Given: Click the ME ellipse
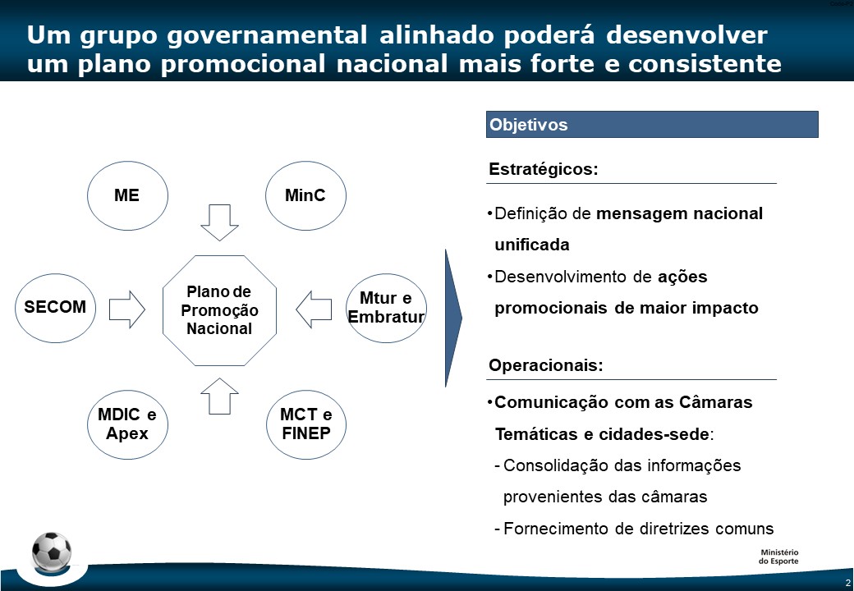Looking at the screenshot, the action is [x=127, y=195].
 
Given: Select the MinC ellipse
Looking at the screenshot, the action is [x=305, y=195].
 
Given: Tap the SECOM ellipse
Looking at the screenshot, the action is [x=55, y=308].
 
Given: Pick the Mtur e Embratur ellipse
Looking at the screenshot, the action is [x=386, y=308].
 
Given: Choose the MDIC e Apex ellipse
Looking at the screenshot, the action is [x=127, y=424].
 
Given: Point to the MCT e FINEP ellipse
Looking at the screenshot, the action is [x=306, y=424].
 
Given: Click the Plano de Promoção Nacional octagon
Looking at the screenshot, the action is [x=219, y=310].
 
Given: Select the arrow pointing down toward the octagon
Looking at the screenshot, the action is [x=219, y=222].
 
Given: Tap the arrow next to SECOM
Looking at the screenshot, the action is [x=127, y=309].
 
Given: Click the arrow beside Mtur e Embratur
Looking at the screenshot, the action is [x=314, y=309].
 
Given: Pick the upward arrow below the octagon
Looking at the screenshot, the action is [x=219, y=396].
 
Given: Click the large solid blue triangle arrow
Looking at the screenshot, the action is [x=452, y=318].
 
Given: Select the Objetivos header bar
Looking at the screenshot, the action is [x=652, y=125].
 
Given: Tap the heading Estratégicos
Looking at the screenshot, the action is [x=544, y=169].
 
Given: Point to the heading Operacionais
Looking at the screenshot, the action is [x=546, y=364].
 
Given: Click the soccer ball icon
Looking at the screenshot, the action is [x=52, y=551].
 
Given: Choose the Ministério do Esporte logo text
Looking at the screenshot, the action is [x=778, y=557].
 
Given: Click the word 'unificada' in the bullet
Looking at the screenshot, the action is [x=532, y=245].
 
